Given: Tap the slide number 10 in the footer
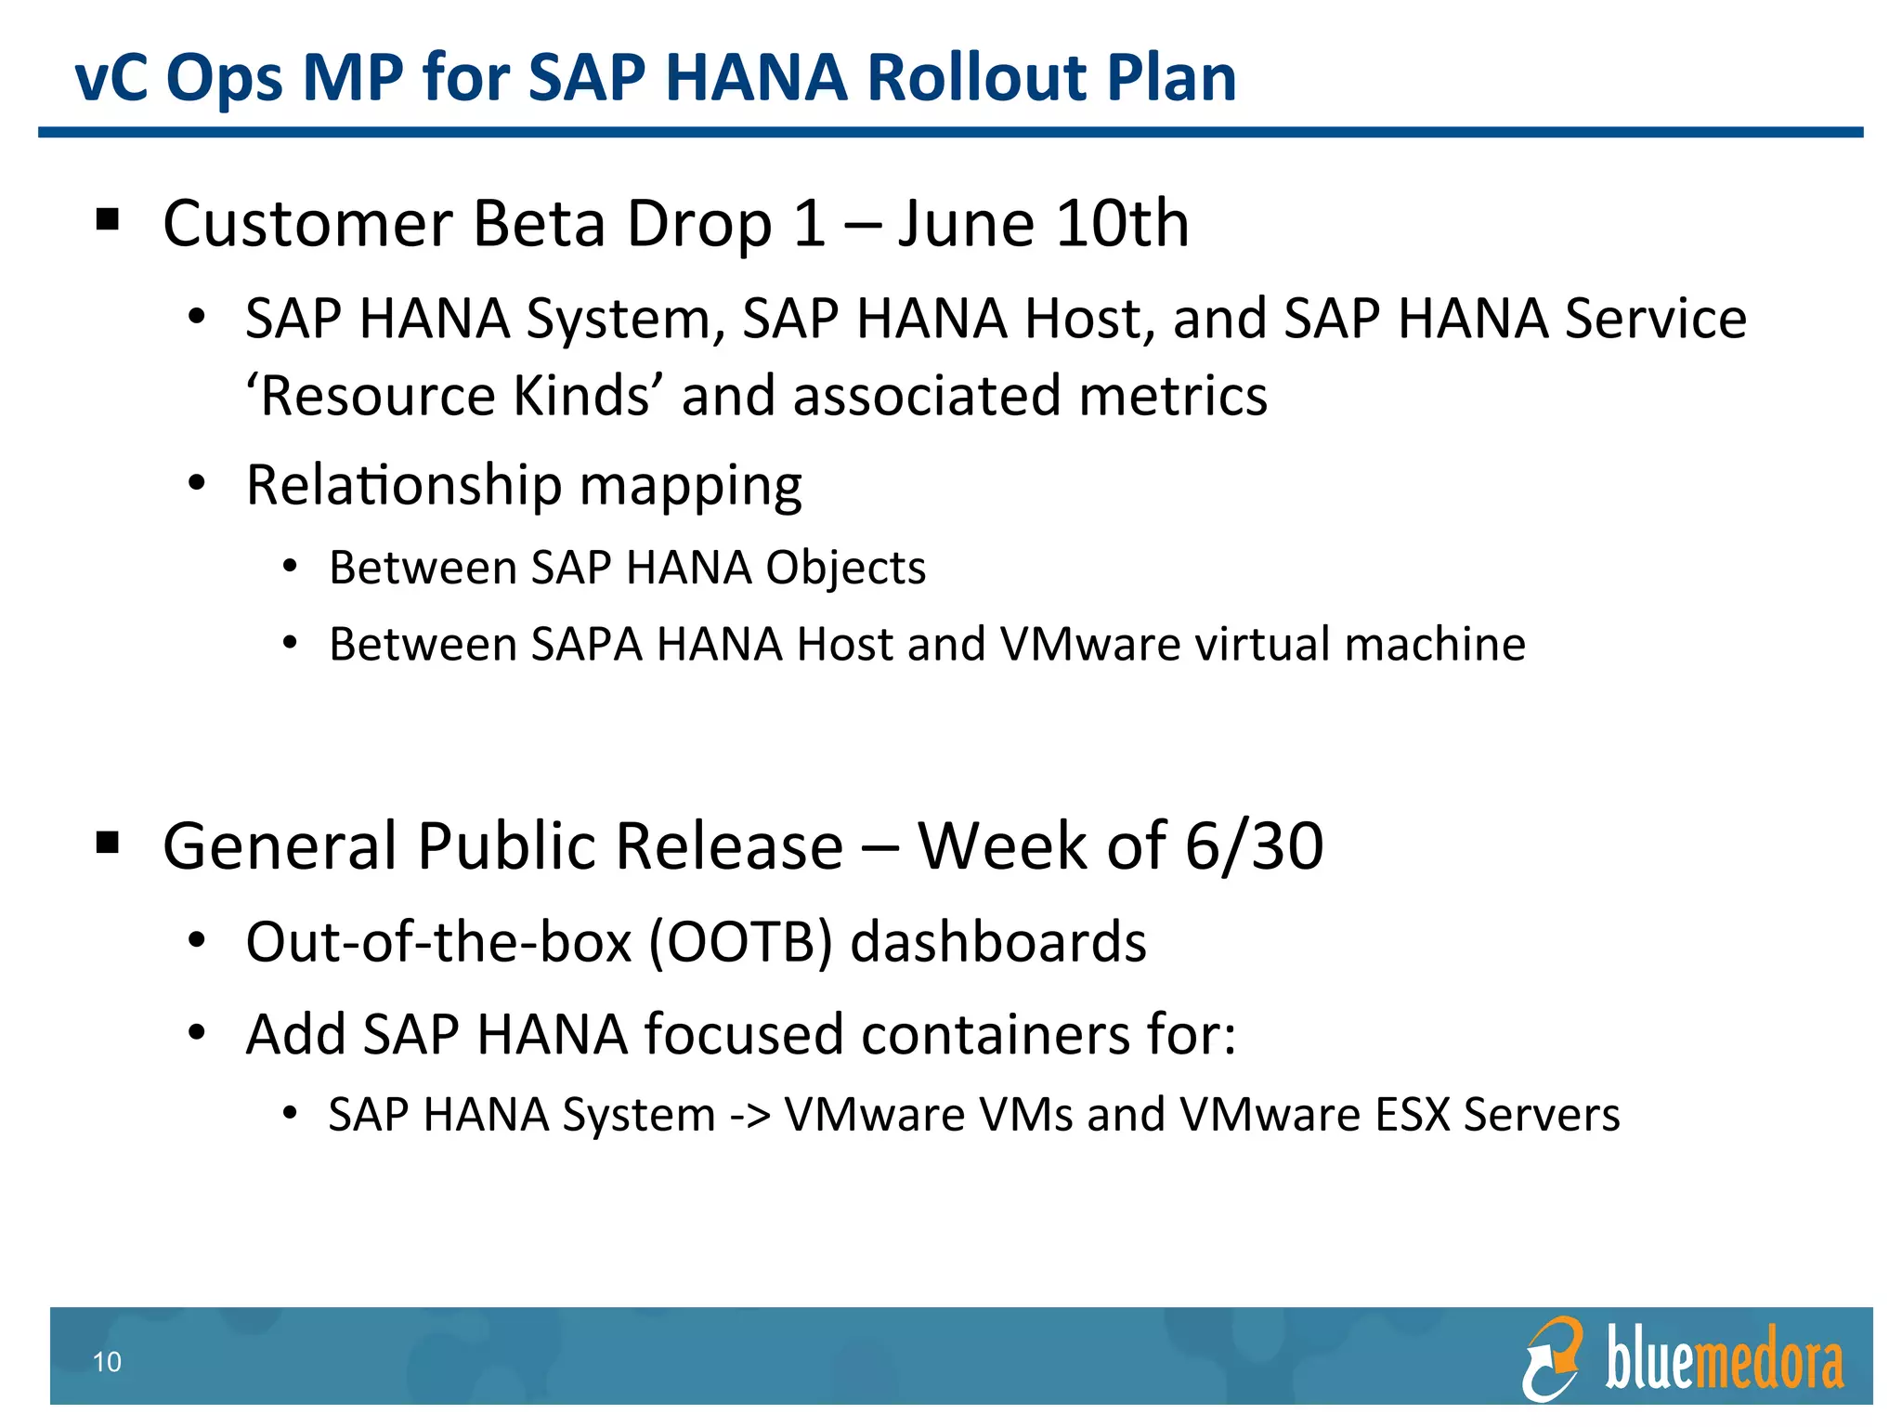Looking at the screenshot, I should pyautogui.click(x=107, y=1362).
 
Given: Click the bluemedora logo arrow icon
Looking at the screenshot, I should pyautogui.click(x=1552, y=1358).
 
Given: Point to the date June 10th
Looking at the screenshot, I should pyautogui.click(x=1043, y=224).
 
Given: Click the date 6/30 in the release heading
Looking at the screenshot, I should pyautogui.click(x=1254, y=845).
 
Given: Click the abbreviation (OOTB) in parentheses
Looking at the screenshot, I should pyautogui.click(x=739, y=942).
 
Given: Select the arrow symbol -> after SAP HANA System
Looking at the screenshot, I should pyautogui.click(x=749, y=1115).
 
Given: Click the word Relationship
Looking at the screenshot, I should pyautogui.click(x=404, y=485).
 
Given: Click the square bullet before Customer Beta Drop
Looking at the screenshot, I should pyautogui.click(x=108, y=220).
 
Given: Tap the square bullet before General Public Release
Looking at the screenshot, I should pyautogui.click(x=108, y=843).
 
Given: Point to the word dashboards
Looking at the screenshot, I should pyautogui.click(x=998, y=942).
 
